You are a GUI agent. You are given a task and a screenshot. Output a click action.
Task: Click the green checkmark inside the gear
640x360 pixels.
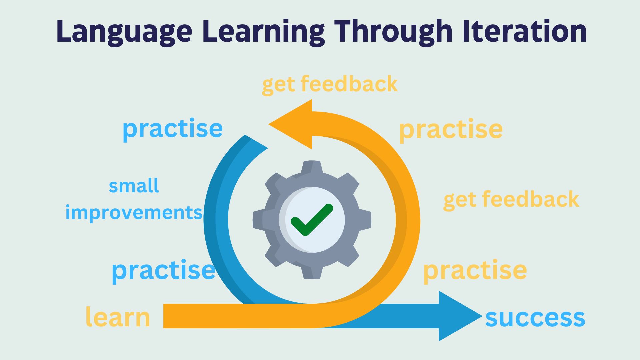(x=312, y=220)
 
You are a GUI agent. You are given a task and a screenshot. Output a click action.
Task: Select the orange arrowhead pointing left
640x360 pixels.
(x=290, y=124)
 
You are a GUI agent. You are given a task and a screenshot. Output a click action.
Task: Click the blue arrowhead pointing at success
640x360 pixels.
(x=460, y=316)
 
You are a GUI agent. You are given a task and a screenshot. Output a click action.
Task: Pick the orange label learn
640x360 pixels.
(x=118, y=317)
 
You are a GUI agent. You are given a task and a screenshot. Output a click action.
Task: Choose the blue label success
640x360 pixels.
(x=535, y=318)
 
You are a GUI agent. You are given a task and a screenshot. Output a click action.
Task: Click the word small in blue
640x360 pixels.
(x=134, y=186)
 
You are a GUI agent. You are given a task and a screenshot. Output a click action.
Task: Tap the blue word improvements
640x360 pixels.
(x=134, y=212)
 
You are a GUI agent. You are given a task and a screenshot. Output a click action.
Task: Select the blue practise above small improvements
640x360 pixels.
(x=173, y=129)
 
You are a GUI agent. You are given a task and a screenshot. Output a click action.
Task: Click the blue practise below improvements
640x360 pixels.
(x=163, y=271)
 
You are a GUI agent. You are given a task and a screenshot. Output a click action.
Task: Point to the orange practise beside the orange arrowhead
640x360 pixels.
(x=451, y=130)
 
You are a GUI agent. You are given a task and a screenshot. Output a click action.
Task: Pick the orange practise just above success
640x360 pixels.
(x=475, y=271)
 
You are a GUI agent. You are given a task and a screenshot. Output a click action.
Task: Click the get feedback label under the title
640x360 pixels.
(x=330, y=84)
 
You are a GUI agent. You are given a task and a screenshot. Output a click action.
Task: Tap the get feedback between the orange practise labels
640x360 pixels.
(x=511, y=200)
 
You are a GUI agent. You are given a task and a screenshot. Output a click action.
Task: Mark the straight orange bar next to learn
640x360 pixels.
(x=233, y=316)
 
